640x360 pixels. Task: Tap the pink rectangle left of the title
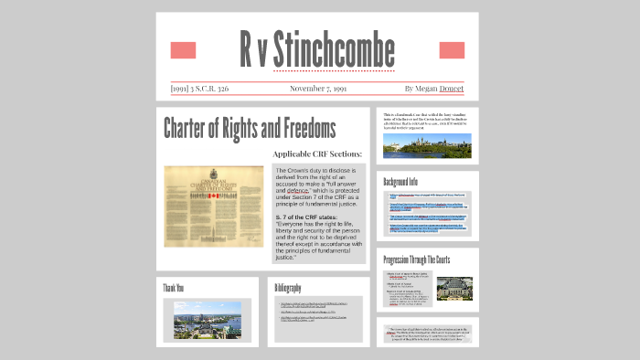coord(183,50)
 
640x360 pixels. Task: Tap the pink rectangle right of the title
coord(452,50)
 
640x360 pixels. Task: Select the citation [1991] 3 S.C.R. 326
coord(199,89)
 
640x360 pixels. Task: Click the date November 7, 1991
coord(318,89)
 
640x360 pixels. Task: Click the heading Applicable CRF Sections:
coord(317,154)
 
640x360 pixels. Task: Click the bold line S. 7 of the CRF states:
coord(312,217)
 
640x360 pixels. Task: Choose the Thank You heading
coord(174,289)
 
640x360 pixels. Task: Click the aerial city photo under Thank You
coord(208,320)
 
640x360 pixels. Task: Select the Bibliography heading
coord(288,289)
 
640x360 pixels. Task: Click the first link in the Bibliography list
coord(314,303)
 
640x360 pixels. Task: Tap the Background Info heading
coord(400,181)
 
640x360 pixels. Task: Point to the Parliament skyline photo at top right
coord(427,144)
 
